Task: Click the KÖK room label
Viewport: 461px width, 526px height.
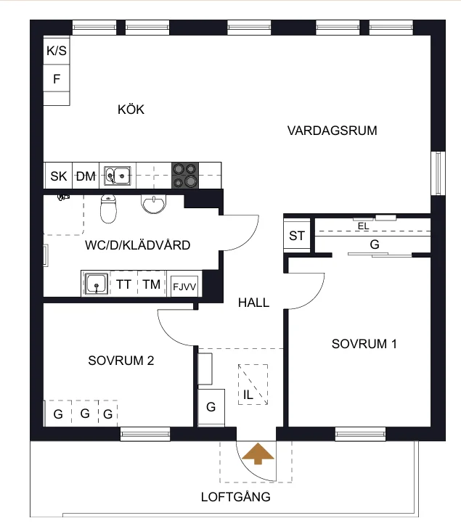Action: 131,110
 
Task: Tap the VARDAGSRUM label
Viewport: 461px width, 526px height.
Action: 332,131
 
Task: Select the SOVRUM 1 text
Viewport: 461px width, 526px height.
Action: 364,344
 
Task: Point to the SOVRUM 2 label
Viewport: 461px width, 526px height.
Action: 121,361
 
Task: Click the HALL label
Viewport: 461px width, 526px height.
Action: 253,303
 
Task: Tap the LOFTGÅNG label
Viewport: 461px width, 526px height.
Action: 236,497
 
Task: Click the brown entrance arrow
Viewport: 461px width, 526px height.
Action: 258,453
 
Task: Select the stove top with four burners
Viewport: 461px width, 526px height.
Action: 185,176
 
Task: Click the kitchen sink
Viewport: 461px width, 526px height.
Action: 117,176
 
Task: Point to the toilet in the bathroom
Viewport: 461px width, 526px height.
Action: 108,209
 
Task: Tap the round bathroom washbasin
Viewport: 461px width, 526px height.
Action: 154,205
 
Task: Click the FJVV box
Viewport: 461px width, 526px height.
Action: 184,287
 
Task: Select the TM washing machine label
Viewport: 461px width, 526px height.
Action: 152,284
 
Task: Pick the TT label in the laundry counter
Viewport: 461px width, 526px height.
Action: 123,284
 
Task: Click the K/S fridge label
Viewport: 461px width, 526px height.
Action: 57,51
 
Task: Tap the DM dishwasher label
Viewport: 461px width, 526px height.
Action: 86,176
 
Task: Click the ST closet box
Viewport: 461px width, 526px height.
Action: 297,236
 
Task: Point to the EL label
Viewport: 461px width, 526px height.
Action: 363,226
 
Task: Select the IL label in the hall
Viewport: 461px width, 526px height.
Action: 248,395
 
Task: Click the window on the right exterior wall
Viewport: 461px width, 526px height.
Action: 438,173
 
